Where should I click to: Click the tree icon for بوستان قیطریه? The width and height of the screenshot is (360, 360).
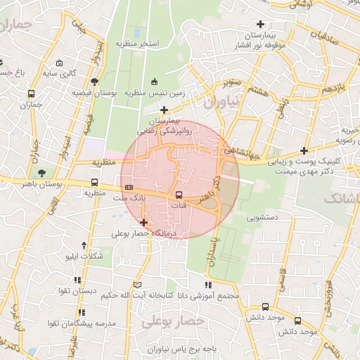pyautogui.click(x=94, y=81)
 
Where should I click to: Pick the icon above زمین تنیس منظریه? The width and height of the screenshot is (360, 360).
pyautogui.click(x=155, y=81)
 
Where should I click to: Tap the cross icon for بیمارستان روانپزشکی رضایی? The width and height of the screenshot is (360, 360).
pyautogui.click(x=164, y=109)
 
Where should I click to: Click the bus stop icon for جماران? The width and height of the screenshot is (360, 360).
pyautogui.click(x=31, y=94)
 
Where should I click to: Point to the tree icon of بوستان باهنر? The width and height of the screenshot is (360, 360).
pyautogui.click(x=43, y=172)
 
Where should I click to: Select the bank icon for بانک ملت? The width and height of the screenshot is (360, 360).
pyautogui.click(x=129, y=188)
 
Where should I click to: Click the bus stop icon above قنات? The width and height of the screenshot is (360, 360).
pyautogui.click(x=179, y=194)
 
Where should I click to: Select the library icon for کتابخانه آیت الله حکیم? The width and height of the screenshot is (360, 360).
pyautogui.click(x=137, y=284)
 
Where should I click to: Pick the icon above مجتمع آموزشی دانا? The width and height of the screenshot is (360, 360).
pyautogui.click(x=208, y=284)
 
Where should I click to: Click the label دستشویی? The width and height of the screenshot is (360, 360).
pyautogui.click(x=262, y=218)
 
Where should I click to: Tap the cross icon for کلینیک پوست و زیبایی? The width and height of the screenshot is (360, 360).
pyautogui.click(x=304, y=150)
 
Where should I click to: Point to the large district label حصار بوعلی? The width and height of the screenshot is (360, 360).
pyautogui.click(x=173, y=321)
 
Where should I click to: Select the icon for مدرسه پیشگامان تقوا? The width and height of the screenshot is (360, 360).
pyautogui.click(x=82, y=311)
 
